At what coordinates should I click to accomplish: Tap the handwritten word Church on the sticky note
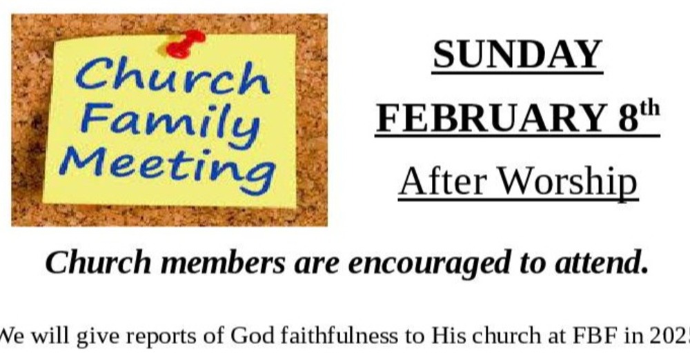pos(172,76)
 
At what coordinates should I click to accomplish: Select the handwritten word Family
pos(169,123)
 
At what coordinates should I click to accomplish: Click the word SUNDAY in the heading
pos(517,55)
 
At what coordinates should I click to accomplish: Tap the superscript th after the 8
pos(650,109)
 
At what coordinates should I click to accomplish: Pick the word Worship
pos(567,181)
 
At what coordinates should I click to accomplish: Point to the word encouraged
pos(417,264)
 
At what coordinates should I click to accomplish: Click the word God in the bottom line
pos(248,336)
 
